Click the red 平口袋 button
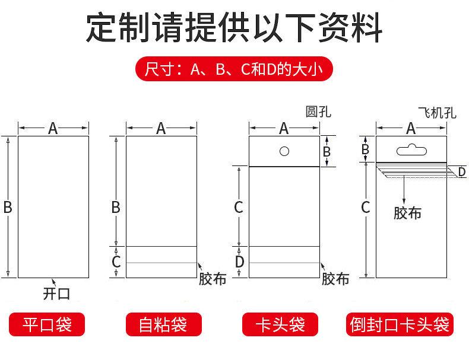point(47,325)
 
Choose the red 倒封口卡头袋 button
point(400,325)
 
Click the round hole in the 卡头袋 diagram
point(284,151)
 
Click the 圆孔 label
point(318,111)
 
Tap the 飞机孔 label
point(437,113)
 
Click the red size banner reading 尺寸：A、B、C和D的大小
point(233,69)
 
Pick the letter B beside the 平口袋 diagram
point(8,208)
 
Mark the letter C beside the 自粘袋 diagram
point(116,261)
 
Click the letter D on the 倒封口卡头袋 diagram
point(461,172)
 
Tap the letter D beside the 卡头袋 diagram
point(239,262)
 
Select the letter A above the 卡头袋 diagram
point(284,128)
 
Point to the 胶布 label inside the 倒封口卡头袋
point(407,212)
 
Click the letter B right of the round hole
point(326,151)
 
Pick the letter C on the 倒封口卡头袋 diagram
point(366,208)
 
